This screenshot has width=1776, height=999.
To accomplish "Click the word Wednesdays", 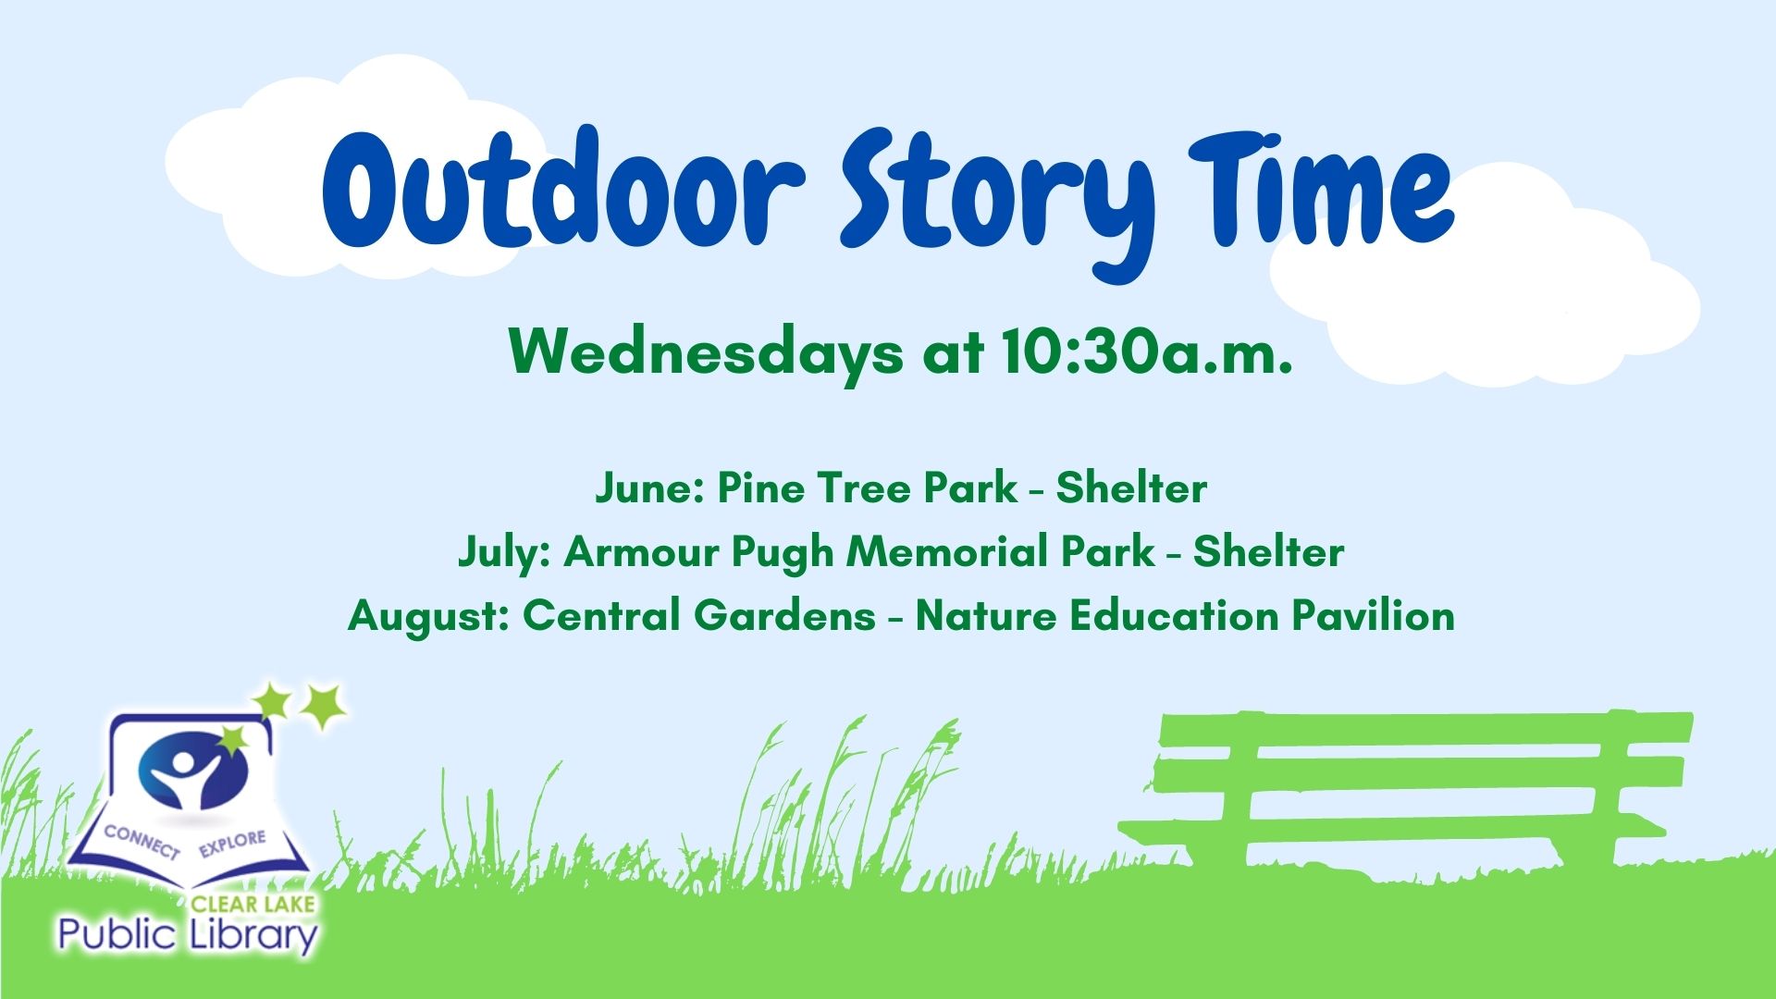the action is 706,352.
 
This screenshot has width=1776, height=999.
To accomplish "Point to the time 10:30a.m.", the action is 1146,352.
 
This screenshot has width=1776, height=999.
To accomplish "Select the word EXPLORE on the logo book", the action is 231,843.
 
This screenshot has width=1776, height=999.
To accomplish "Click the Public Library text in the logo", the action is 188,935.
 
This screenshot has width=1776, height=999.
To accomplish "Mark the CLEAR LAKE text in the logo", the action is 253,903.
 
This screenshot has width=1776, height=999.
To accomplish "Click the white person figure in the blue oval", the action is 189,776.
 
